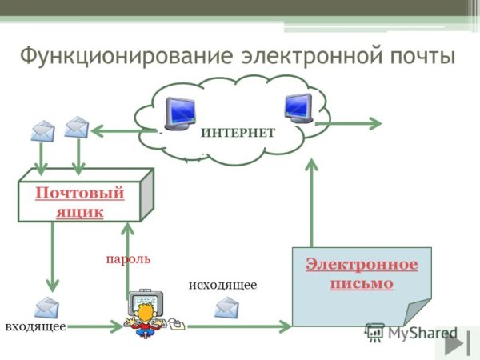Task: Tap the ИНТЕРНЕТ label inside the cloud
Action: click(238, 133)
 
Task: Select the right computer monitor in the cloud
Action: click(297, 108)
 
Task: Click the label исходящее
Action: click(222, 285)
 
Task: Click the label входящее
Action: click(35, 326)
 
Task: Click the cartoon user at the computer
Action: click(150, 311)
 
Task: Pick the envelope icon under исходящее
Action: click(227, 306)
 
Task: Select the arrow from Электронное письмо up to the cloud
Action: click(311, 200)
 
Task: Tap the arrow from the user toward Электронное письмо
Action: click(240, 326)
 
